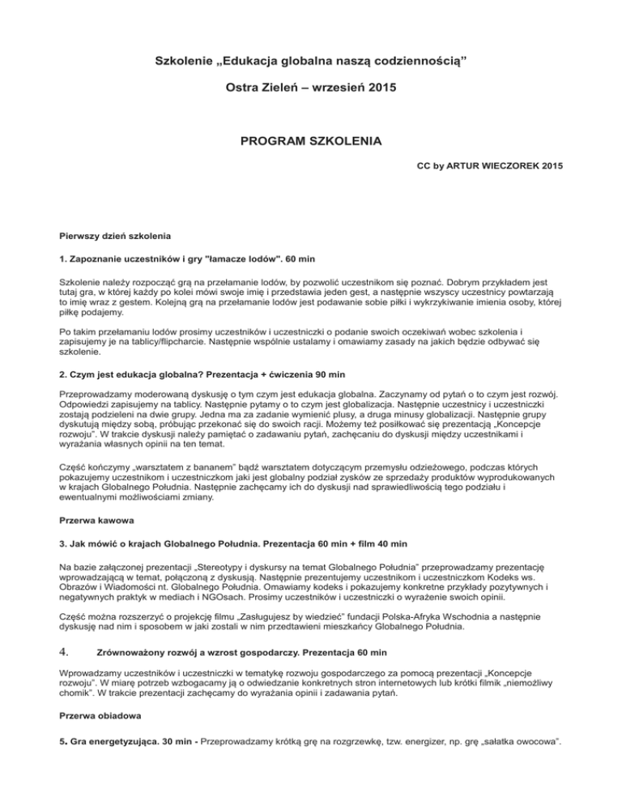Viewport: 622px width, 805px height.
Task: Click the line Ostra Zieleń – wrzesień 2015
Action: point(311,84)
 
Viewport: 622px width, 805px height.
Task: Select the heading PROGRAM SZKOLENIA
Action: point(311,143)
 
